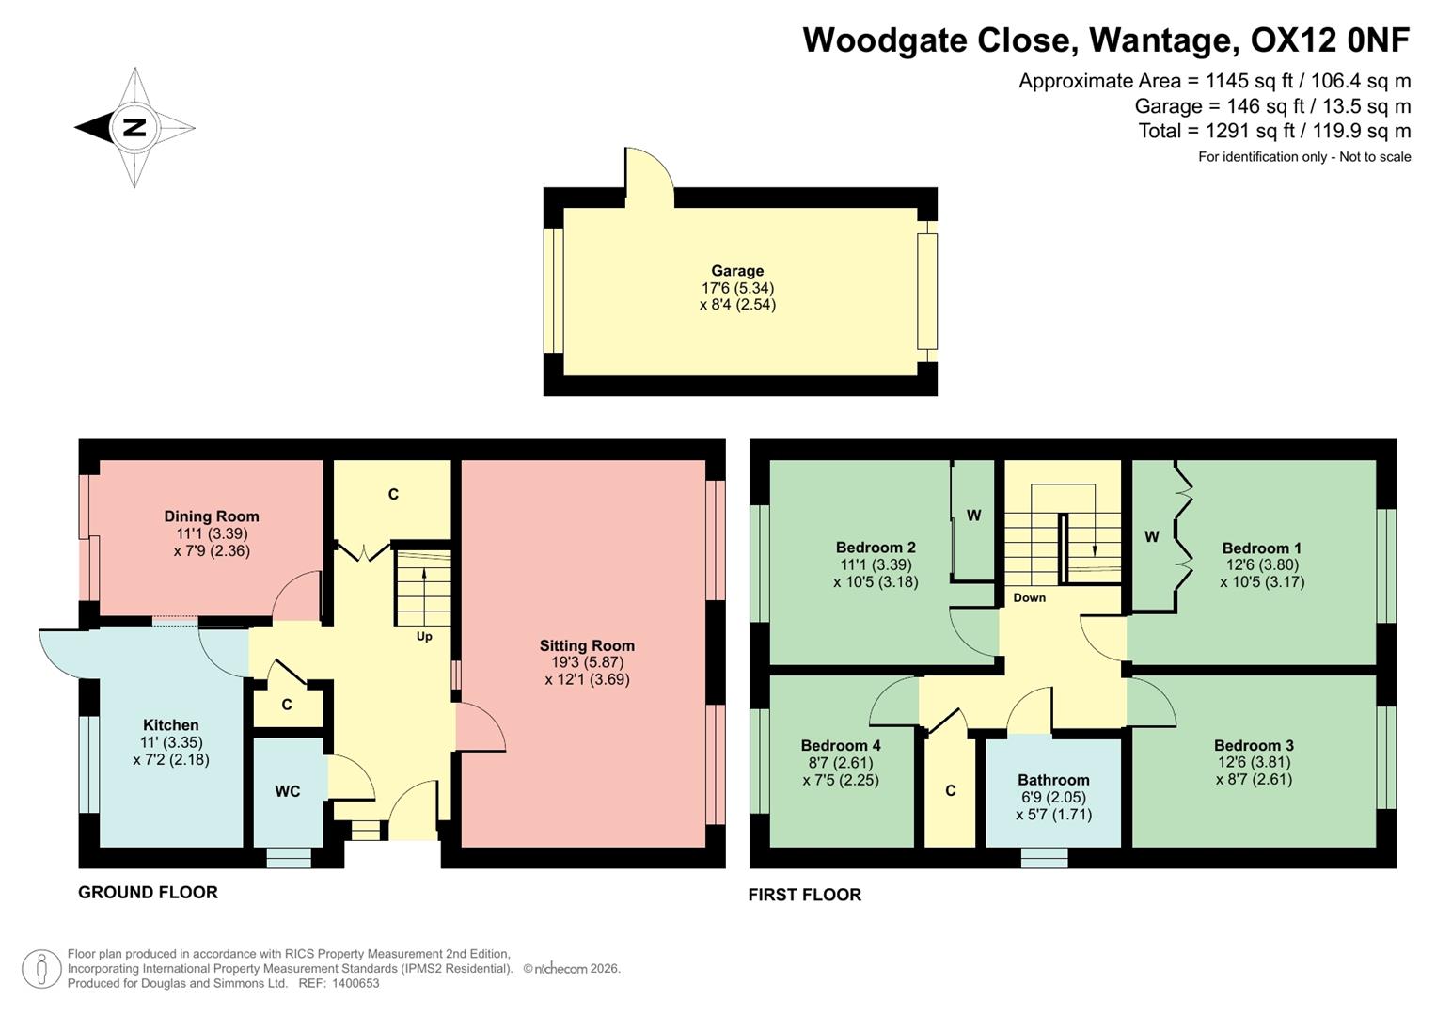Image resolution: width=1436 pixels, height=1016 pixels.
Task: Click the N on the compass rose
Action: click(x=134, y=127)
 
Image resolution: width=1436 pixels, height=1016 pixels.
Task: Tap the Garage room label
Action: click(x=737, y=271)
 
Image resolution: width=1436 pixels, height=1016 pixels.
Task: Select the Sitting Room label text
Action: click(x=587, y=645)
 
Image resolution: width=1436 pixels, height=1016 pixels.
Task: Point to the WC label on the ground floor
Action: click(x=288, y=791)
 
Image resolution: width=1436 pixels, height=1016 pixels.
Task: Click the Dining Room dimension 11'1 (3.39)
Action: click(x=212, y=533)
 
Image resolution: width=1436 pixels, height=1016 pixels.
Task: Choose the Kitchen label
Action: click(x=171, y=725)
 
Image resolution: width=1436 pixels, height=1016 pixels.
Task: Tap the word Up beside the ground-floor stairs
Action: click(x=424, y=637)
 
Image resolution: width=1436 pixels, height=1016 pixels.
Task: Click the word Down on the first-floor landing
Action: click(x=1030, y=597)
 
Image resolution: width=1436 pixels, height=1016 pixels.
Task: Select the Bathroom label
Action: click(x=1053, y=780)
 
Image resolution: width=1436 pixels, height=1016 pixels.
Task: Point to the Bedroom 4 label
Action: click(x=841, y=745)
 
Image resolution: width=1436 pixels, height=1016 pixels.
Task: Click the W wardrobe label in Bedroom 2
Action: click(x=974, y=515)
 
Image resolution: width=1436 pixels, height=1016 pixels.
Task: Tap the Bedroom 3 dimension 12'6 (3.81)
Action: click(x=1254, y=762)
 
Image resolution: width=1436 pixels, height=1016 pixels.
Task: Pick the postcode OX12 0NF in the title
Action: click(x=1330, y=40)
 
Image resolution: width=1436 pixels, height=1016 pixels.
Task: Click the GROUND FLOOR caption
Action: click(x=148, y=893)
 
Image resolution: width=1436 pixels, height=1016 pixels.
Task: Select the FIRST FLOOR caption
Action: click(x=805, y=895)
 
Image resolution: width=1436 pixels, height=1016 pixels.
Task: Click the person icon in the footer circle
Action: click(x=41, y=969)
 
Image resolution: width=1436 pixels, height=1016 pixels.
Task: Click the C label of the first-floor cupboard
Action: click(x=951, y=790)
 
